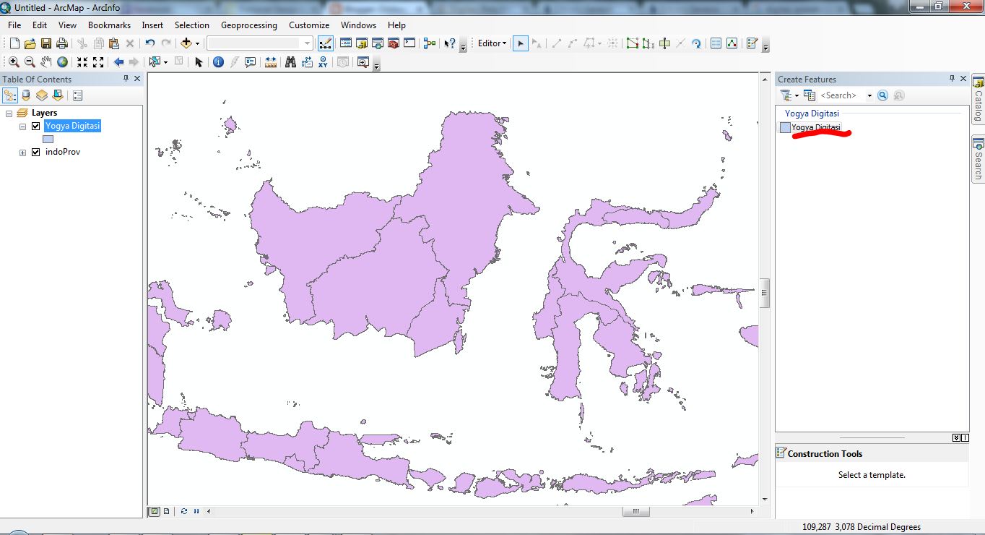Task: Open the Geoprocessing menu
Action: (x=248, y=25)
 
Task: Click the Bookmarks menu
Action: (x=109, y=25)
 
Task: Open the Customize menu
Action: (x=309, y=25)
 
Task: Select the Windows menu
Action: (x=358, y=25)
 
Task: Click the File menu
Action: (x=14, y=25)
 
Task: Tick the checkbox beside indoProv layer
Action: (x=35, y=153)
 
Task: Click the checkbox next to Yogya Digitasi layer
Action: (x=35, y=126)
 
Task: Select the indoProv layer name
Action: (x=62, y=153)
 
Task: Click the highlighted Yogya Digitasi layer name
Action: (x=72, y=126)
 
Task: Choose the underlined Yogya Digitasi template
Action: (x=815, y=127)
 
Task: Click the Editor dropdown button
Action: (x=492, y=43)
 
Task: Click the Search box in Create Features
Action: (x=839, y=95)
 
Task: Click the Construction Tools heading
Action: (x=825, y=454)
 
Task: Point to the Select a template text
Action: (x=872, y=475)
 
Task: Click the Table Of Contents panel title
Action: (x=37, y=80)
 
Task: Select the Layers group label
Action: (x=44, y=113)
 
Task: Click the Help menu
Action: (x=396, y=25)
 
